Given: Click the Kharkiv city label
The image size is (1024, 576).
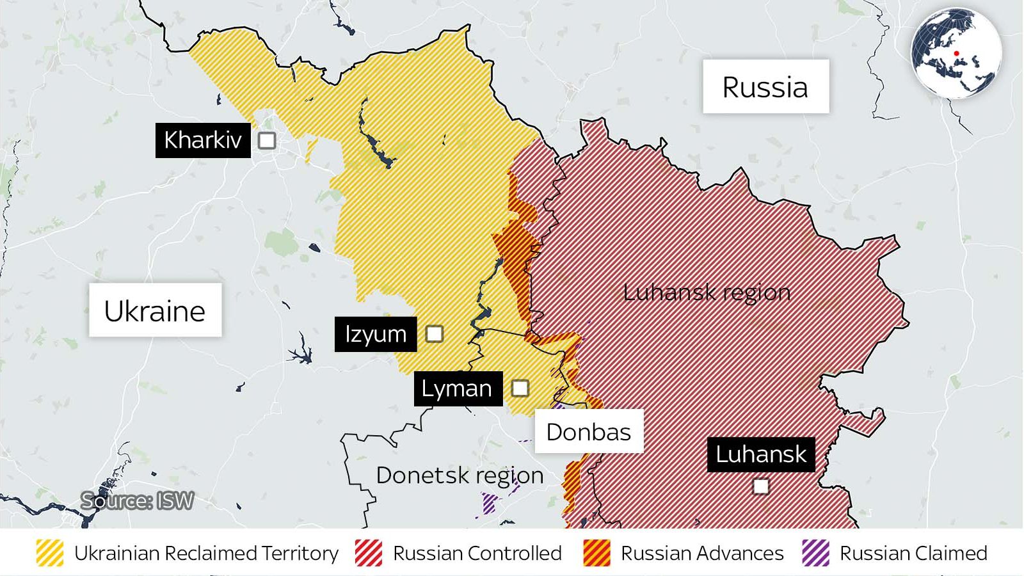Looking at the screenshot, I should pyautogui.click(x=202, y=140).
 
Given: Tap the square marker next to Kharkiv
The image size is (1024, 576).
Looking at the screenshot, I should pyautogui.click(x=267, y=140).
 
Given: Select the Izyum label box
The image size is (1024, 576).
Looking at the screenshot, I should pyautogui.click(x=375, y=334).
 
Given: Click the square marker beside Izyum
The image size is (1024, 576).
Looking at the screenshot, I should pyautogui.click(x=435, y=333).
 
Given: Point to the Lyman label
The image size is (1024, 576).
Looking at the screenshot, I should pyautogui.click(x=457, y=388).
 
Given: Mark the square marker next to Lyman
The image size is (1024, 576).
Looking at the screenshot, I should pyautogui.click(x=520, y=388).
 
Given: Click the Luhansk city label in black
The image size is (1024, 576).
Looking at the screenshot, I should pyautogui.click(x=760, y=454).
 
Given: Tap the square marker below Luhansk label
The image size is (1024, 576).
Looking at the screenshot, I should pyautogui.click(x=760, y=486).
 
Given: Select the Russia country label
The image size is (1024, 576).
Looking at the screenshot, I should pyautogui.click(x=765, y=87).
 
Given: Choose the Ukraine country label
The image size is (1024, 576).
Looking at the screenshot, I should pyautogui.click(x=155, y=310).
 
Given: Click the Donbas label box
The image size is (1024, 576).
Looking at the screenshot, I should pyautogui.click(x=589, y=431).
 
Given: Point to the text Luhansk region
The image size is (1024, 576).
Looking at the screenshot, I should pyautogui.click(x=707, y=292).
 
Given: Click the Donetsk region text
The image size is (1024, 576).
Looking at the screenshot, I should pyautogui.click(x=460, y=476).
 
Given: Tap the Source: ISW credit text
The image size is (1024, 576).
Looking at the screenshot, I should pyautogui.click(x=137, y=500).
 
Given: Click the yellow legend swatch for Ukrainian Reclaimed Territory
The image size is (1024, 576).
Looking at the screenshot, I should pyautogui.click(x=50, y=553).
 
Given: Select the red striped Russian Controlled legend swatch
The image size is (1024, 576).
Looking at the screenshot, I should pyautogui.click(x=369, y=553).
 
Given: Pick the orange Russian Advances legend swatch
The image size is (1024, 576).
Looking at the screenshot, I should pyautogui.click(x=596, y=553).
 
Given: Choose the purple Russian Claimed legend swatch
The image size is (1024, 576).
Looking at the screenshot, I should pyautogui.click(x=815, y=553).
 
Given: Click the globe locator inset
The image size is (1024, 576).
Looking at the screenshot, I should pyautogui.click(x=956, y=54).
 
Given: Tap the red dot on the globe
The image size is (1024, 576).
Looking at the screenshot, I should pyautogui.click(x=956, y=54).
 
